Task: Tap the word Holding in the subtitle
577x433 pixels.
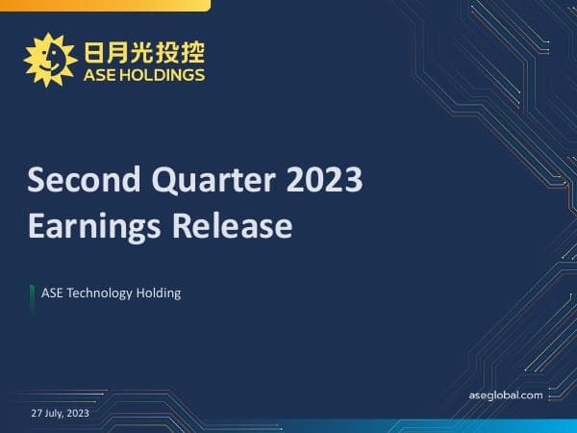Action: pos(159,293)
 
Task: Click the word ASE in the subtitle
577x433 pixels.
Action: pos(52,293)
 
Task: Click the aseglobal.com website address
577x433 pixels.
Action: pos(505,395)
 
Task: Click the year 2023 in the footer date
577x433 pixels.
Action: pos(78,413)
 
